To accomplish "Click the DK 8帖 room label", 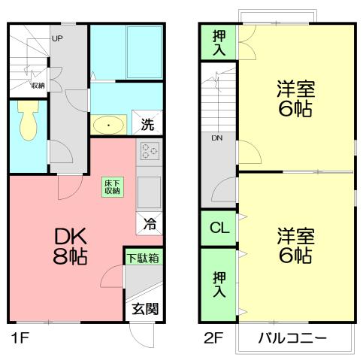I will pyautogui.click(x=70, y=246).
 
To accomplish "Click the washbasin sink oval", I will pyautogui.click(x=110, y=124).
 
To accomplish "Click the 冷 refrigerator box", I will pyautogui.click(x=150, y=222).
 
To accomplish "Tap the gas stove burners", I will pyautogui.click(x=149, y=153).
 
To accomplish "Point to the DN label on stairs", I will pyautogui.click(x=216, y=138).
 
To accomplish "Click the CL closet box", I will pyautogui.click(x=218, y=227).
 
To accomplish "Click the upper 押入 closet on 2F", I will pyautogui.click(x=218, y=41).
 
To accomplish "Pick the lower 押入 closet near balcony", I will pyautogui.click(x=218, y=282).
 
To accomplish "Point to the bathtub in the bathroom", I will pyautogui.click(x=144, y=50).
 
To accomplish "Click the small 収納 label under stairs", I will pyautogui.click(x=37, y=85).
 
